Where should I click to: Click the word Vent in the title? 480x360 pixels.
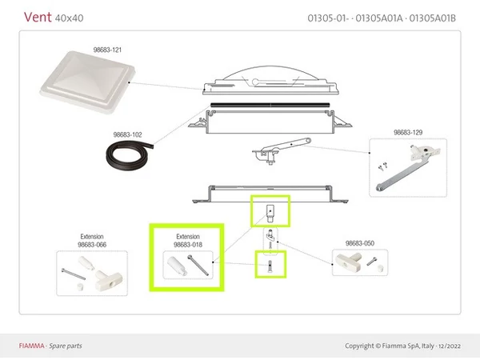tap(38, 17)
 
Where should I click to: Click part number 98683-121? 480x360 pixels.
tap(107, 50)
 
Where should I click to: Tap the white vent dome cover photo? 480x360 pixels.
tap(87, 82)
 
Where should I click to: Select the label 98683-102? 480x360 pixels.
tap(127, 134)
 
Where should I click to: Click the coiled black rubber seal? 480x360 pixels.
tap(129, 155)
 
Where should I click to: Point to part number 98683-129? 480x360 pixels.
tap(408, 133)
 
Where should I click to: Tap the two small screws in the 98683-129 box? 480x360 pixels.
tap(383, 166)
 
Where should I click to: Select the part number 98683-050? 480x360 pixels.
tap(360, 243)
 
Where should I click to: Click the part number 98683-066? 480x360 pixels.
tap(92, 245)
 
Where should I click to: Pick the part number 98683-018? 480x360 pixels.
tap(188, 245)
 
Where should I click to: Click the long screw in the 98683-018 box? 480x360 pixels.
tap(198, 265)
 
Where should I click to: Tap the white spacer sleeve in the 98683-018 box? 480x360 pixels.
tap(177, 266)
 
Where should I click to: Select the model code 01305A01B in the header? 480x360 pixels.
tap(432, 18)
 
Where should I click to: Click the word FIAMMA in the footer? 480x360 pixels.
tap(31, 346)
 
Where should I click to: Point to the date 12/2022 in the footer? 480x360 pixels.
tap(450, 346)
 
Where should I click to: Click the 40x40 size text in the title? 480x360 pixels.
tap(69, 18)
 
